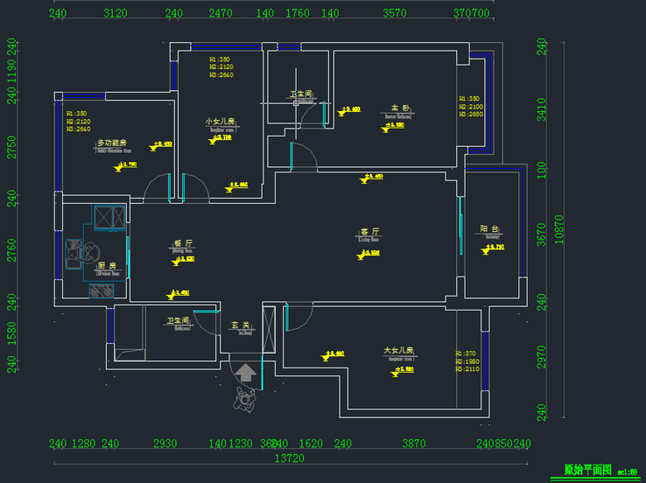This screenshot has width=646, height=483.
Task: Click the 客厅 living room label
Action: click(x=369, y=232)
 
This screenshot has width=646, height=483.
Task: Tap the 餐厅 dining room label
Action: click(x=183, y=244)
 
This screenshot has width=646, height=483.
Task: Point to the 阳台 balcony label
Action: click(x=489, y=229)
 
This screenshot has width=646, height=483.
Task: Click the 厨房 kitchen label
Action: click(x=107, y=266)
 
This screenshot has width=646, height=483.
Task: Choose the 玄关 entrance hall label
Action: click(x=240, y=325)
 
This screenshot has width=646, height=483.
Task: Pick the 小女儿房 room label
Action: click(x=221, y=121)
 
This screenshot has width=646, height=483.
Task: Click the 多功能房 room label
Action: click(x=111, y=142)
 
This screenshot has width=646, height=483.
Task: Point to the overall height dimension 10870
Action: click(x=559, y=231)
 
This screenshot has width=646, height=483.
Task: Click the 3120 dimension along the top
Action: click(x=115, y=13)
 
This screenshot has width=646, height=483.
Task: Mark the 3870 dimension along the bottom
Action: click(x=413, y=444)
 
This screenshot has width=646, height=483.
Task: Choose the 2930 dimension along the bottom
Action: click(x=165, y=444)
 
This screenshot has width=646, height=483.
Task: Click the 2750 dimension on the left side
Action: click(x=12, y=147)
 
